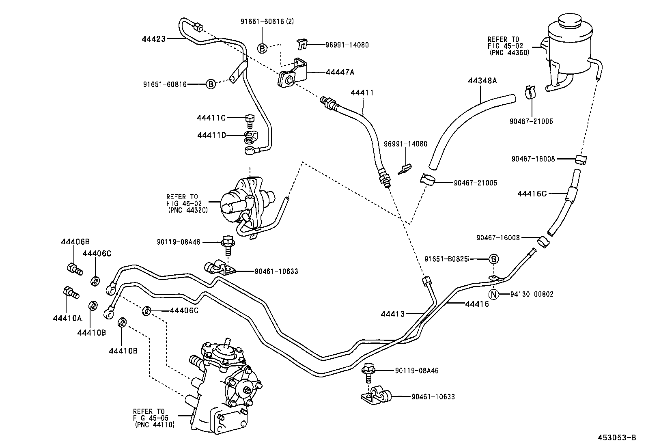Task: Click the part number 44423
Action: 154,39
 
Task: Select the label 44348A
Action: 482,81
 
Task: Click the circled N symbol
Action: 493,294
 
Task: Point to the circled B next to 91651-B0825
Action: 493,259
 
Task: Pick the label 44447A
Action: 340,72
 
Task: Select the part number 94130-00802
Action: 532,294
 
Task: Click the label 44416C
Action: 532,194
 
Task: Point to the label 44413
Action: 393,313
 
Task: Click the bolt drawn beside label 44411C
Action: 249,120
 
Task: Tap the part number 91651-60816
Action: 165,84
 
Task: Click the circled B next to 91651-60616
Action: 262,48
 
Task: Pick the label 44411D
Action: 211,135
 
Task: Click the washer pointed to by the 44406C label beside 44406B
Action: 95,281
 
